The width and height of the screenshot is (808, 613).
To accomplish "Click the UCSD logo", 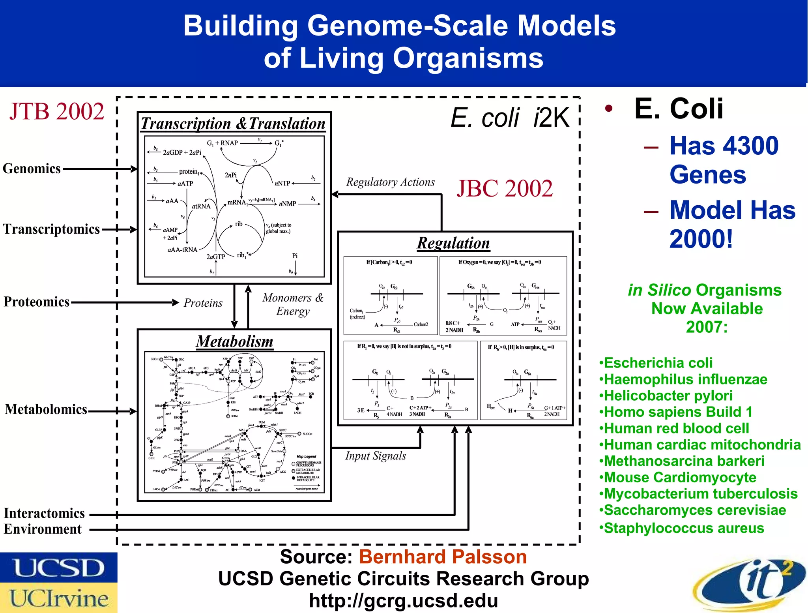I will pyautogui.click(x=58, y=568).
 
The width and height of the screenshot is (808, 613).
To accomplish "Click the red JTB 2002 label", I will pyautogui.click(x=57, y=111).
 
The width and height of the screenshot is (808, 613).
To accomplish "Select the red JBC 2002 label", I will pyautogui.click(x=505, y=188).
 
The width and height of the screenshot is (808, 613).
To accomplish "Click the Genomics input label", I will pyautogui.click(x=32, y=169).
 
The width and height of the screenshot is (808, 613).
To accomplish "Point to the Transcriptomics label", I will pyautogui.click(x=51, y=229).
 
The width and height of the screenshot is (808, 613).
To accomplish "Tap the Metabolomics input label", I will pyautogui.click(x=46, y=410).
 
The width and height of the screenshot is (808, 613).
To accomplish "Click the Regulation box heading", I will pyautogui.click(x=453, y=243).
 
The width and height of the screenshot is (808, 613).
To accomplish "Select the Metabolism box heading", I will pyautogui.click(x=234, y=341).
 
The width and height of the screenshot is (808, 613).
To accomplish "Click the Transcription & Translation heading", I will pyautogui.click(x=233, y=124).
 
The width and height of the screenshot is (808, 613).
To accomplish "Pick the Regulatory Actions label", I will pyautogui.click(x=390, y=182).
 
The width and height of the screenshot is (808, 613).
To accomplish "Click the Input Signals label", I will pyautogui.click(x=375, y=456).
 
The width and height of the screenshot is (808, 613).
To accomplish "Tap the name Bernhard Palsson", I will pyautogui.click(x=443, y=557).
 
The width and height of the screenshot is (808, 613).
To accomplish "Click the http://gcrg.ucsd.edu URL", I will pyautogui.click(x=403, y=601).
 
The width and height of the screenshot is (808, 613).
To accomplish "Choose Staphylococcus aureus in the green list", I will pyautogui.click(x=684, y=528).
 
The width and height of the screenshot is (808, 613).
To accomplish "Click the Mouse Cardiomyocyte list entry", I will pyautogui.click(x=680, y=478).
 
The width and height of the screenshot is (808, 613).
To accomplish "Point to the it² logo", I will pyautogui.click(x=750, y=584).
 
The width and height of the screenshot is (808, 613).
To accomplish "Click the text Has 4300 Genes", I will pyautogui.click(x=724, y=160).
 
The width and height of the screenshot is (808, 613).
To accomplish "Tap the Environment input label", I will pyautogui.click(x=43, y=529).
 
